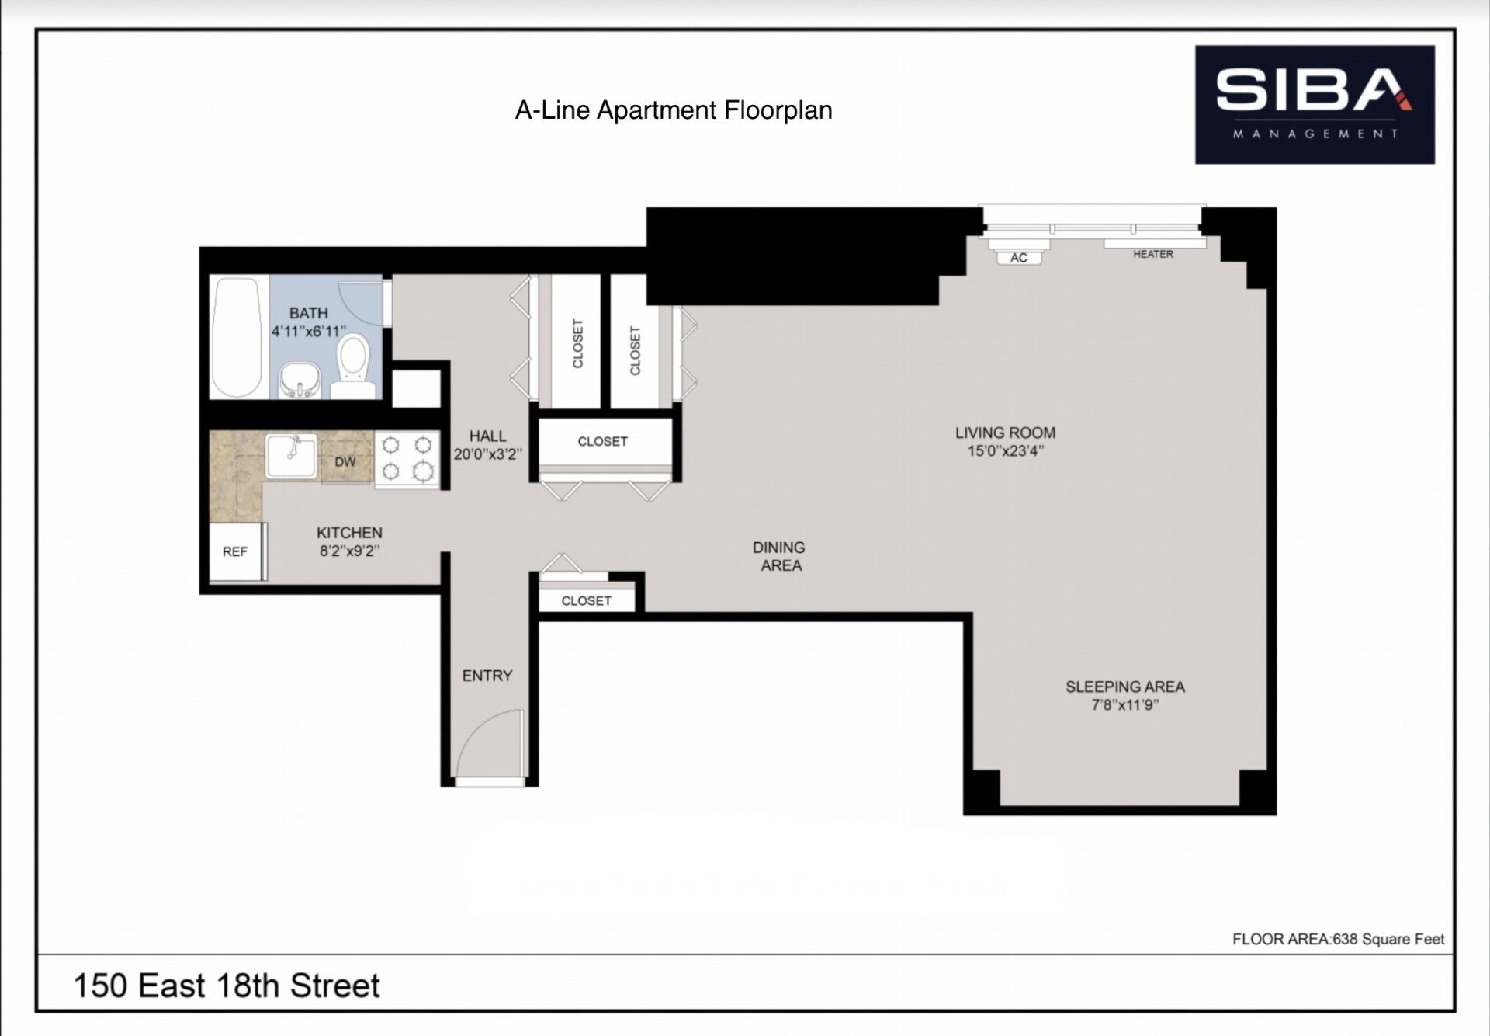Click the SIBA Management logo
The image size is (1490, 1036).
click(x=1314, y=105)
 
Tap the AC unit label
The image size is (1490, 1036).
click(x=1019, y=258)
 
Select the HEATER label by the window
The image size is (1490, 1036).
click(x=1152, y=254)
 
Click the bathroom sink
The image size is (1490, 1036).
click(x=299, y=380)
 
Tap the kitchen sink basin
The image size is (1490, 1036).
click(x=291, y=455)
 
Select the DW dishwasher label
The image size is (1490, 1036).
click(x=345, y=462)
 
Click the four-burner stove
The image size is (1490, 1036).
click(x=407, y=458)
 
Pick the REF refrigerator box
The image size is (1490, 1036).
click(x=235, y=551)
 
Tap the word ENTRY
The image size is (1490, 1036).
click(x=487, y=676)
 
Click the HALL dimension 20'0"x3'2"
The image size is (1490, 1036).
click(x=487, y=454)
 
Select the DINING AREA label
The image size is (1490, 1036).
click(x=779, y=557)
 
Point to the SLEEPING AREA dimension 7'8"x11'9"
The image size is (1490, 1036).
click(x=1124, y=705)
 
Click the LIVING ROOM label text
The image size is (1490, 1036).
click(x=1005, y=433)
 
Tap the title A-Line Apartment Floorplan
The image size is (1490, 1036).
click(x=674, y=110)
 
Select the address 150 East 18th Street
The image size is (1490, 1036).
click(x=226, y=986)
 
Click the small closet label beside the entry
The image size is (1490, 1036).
click(x=586, y=600)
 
